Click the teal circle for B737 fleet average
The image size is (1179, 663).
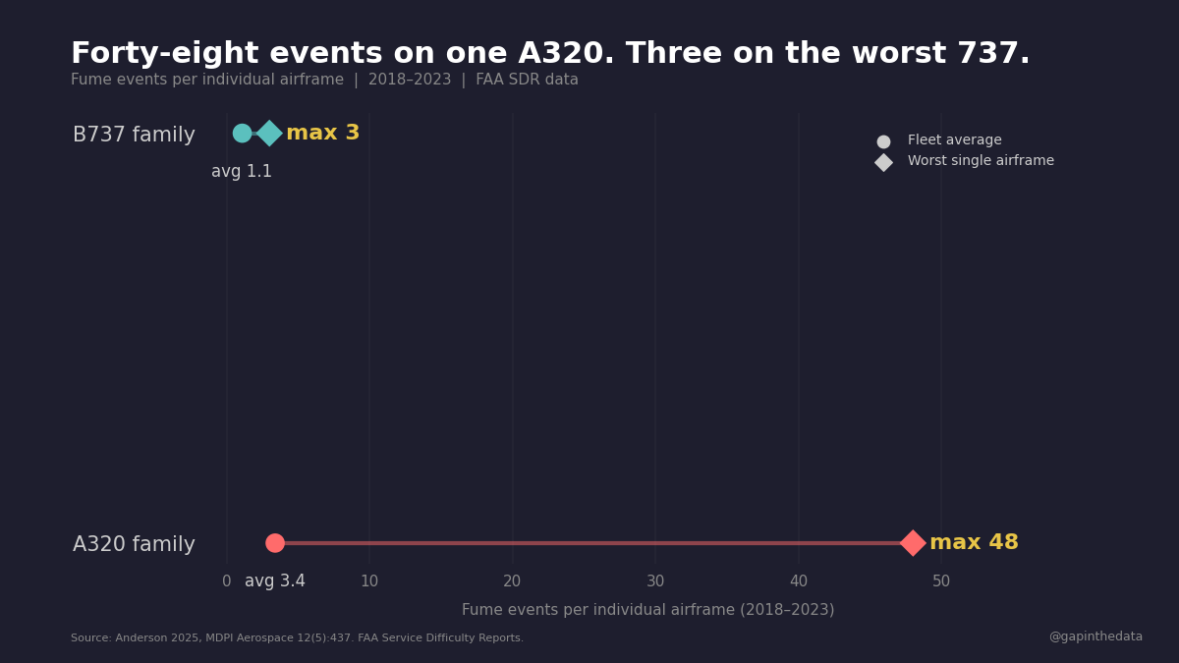click(242, 133)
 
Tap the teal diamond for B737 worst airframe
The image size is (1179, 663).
click(269, 133)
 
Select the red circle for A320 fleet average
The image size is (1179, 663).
click(275, 543)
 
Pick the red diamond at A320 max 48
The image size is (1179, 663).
click(913, 543)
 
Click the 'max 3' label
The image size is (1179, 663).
click(322, 134)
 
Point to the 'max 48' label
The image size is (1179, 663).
click(974, 543)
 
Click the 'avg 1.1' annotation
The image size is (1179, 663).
click(242, 172)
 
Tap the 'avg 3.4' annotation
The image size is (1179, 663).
click(275, 581)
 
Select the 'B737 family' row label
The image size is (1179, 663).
click(134, 136)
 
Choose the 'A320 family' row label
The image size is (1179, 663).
click(134, 545)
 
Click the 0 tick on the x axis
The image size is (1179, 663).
click(227, 581)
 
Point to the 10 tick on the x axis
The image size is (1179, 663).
click(369, 581)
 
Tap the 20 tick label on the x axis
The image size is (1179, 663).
click(512, 581)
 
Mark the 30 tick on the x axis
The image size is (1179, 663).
click(655, 581)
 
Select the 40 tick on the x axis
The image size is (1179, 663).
click(799, 581)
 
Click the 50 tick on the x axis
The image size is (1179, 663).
click(941, 581)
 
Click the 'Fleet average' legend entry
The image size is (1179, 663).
click(954, 140)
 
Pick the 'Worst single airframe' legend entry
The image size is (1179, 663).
click(980, 161)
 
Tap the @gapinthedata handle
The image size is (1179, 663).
click(1095, 636)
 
